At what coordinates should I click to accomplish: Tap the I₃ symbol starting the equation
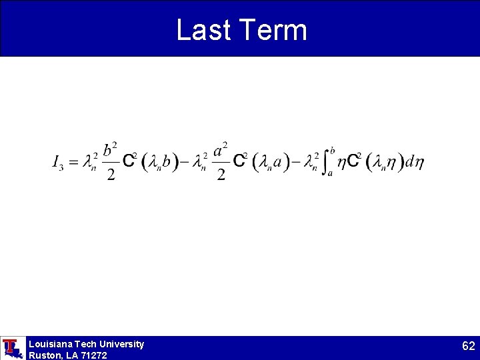(x=57, y=162)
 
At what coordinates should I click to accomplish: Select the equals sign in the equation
(x=72, y=162)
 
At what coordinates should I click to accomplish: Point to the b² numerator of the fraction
(x=111, y=149)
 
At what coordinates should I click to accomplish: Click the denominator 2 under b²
(x=111, y=175)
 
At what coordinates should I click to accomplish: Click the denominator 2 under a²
(x=222, y=175)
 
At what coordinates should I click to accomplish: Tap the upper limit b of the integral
(x=332, y=151)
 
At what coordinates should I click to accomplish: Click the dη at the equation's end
(x=415, y=162)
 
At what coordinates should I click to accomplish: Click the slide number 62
(x=469, y=346)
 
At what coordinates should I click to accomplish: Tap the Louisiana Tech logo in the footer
(x=12, y=348)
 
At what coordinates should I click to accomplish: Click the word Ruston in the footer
(x=43, y=355)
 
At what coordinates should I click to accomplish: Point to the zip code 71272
(x=94, y=355)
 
